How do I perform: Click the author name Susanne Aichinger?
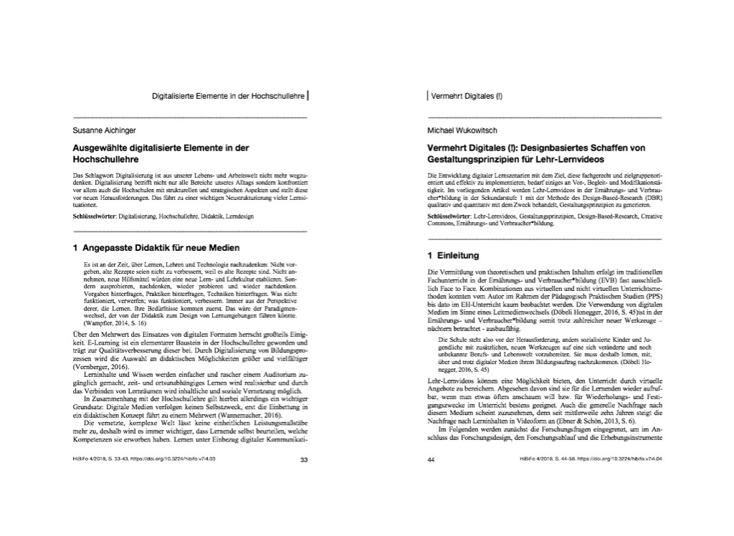[x=105, y=130]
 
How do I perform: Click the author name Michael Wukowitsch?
[x=462, y=130]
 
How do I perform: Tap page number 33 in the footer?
[x=303, y=460]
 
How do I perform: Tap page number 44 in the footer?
[x=431, y=460]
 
